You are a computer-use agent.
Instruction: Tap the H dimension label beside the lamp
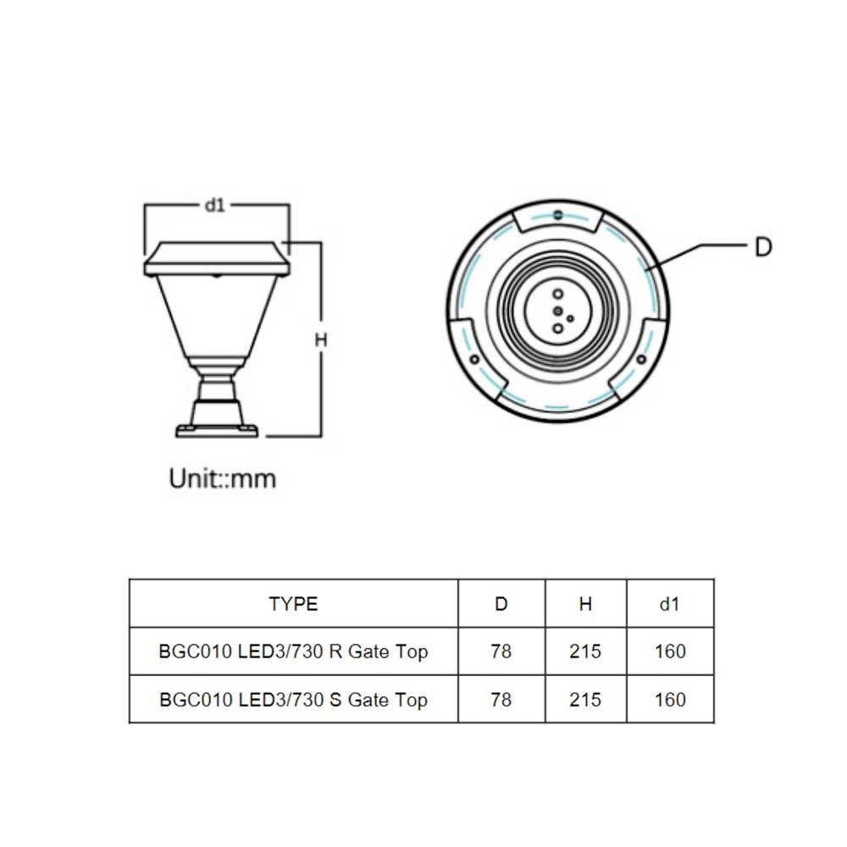click(321, 340)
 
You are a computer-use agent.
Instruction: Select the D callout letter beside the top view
click(763, 247)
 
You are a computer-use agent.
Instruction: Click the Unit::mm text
click(223, 479)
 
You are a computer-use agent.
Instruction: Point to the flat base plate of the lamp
click(217, 431)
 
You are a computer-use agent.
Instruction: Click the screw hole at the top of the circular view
click(556, 215)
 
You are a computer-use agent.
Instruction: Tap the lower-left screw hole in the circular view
click(474, 359)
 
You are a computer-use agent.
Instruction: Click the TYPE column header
click(293, 604)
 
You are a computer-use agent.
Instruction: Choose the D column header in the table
click(501, 604)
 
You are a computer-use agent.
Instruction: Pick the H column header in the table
click(585, 604)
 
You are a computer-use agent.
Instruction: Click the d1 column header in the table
click(669, 604)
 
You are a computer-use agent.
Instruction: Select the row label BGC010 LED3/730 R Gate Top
click(293, 652)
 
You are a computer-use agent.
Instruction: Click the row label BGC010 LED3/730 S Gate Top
click(293, 700)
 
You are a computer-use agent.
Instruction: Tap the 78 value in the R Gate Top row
click(501, 652)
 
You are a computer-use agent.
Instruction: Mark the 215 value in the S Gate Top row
click(585, 700)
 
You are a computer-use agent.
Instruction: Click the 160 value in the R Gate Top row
click(669, 652)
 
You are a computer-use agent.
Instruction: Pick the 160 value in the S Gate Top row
click(669, 700)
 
